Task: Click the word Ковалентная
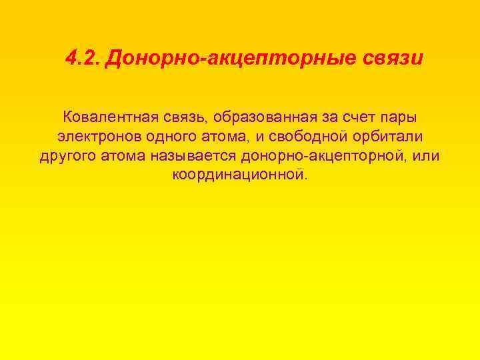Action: (110, 118)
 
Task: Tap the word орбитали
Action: (393, 137)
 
